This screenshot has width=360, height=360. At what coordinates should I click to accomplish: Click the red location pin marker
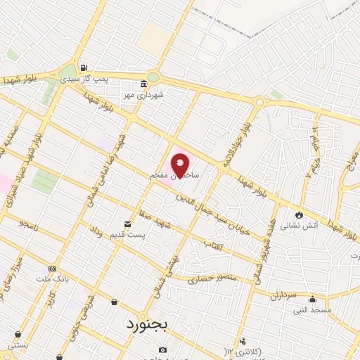(181, 165)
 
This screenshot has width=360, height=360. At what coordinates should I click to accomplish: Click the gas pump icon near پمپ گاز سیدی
(84, 67)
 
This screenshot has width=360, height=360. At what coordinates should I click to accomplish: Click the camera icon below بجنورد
(163, 349)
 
